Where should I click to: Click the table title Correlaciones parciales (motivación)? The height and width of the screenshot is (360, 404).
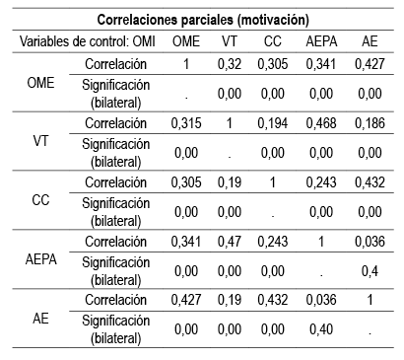201,19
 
